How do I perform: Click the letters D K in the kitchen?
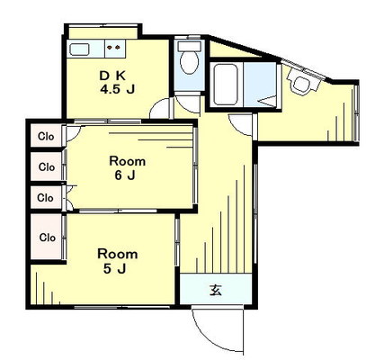pyautogui.click(x=112, y=76)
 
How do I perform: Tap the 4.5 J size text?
pyautogui.click(x=117, y=89)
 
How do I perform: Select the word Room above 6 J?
pyautogui.click(x=128, y=161)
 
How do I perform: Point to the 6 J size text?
pyautogui.click(x=125, y=175)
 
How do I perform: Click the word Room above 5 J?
pyautogui.click(x=118, y=254)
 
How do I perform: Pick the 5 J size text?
pyautogui.click(x=114, y=269)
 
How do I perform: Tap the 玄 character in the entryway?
pyautogui.click(x=216, y=290)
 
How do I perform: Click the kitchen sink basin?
pyautogui.click(x=79, y=49)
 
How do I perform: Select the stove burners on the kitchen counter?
pyautogui.click(x=113, y=47)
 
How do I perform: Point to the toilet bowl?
pyautogui.click(x=189, y=62)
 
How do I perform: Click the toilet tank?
pyautogui.click(x=189, y=46)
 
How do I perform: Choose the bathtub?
pyautogui.click(x=226, y=85)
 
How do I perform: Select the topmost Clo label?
pyautogui.click(x=46, y=137)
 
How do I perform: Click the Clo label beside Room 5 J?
pyautogui.click(x=48, y=238)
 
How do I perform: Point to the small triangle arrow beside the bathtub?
pyautogui.click(x=267, y=101)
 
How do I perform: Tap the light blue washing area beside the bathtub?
pyautogui.click(x=260, y=84)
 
